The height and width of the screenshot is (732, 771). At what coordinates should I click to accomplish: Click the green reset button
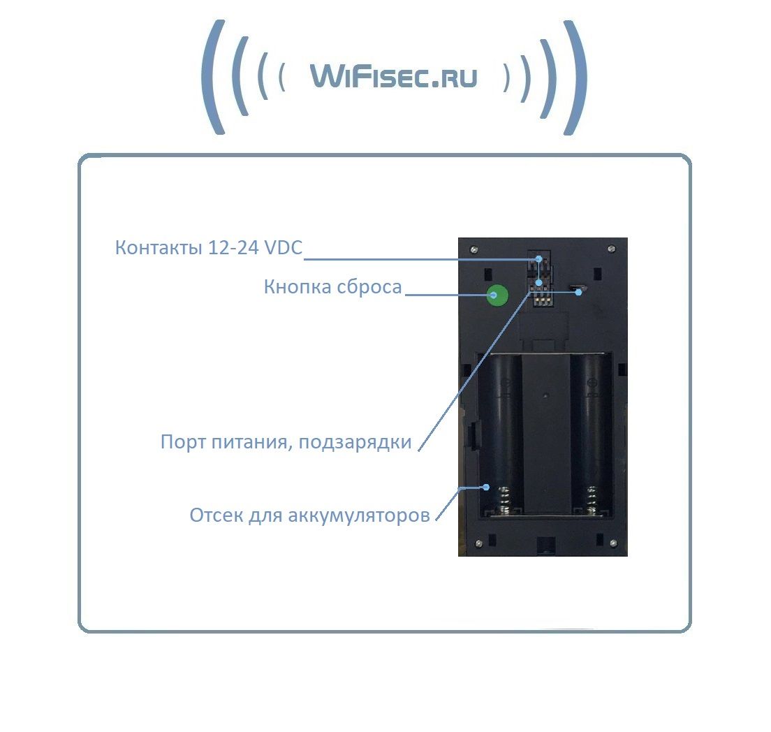point(497,295)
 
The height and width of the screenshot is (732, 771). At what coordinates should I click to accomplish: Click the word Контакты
point(159,247)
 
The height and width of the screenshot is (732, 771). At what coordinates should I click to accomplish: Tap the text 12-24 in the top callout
point(233,247)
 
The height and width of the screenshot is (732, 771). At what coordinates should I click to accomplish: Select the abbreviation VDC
point(284,247)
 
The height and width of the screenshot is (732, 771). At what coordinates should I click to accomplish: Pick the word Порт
point(183,441)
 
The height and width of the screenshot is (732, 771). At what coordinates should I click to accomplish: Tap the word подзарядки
point(355,442)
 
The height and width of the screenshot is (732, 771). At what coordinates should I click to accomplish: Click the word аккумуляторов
point(359,515)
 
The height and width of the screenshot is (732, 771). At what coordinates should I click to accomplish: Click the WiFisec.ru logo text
point(394,77)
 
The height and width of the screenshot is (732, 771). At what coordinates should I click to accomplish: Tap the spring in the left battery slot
point(504,500)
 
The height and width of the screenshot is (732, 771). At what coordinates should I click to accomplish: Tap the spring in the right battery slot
point(592,500)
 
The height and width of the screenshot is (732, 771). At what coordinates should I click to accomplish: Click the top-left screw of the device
point(473,249)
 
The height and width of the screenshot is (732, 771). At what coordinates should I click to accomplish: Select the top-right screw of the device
point(612,249)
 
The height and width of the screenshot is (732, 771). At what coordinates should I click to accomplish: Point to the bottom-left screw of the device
point(479,543)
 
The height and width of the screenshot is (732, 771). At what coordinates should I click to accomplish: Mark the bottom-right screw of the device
point(613,543)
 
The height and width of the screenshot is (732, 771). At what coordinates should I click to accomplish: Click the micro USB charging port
point(576,286)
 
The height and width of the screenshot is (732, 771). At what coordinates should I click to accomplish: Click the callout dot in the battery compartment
point(486,487)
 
